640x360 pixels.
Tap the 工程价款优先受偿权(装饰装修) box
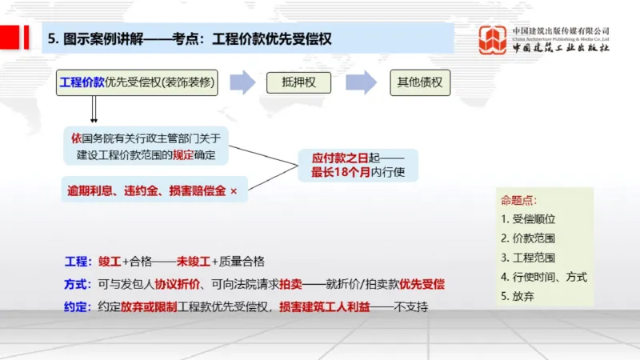click(137, 82)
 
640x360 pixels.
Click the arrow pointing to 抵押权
click(242, 82)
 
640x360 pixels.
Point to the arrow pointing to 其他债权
click(361, 82)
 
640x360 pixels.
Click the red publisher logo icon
click(493, 40)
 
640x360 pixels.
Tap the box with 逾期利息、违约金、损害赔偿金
click(153, 192)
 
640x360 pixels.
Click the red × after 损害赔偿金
click(234, 192)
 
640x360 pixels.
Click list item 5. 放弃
click(518, 296)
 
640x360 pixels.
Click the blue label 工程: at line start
click(78, 262)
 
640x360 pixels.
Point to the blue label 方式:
click(78, 284)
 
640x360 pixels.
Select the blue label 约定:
click(78, 306)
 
